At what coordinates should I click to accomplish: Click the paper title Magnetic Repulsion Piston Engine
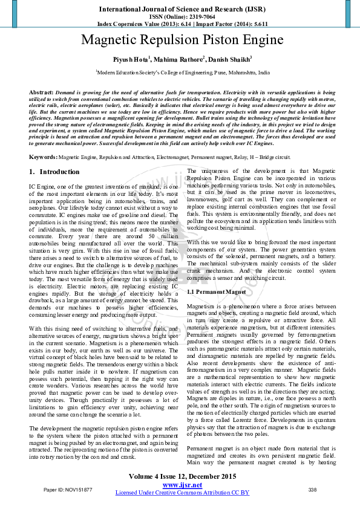(182, 41)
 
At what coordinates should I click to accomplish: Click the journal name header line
(182, 10)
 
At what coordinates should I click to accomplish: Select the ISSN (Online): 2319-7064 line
(182, 18)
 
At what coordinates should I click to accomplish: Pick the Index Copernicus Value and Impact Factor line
(182, 24)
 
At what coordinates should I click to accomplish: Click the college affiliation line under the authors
(182, 72)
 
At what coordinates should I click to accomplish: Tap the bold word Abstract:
(41, 91)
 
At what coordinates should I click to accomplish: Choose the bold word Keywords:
(44, 157)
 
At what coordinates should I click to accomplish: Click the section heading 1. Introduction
(54, 172)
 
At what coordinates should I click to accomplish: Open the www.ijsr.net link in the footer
(182, 485)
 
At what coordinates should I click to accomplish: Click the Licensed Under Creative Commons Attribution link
(182, 493)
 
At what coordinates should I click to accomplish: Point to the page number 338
(313, 489)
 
